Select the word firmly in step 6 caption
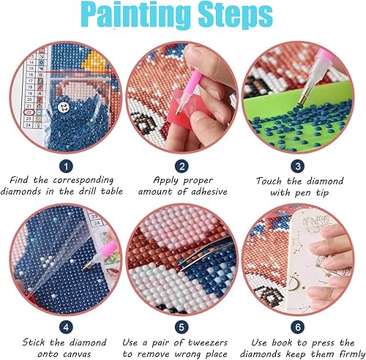click(x=340, y=354)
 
